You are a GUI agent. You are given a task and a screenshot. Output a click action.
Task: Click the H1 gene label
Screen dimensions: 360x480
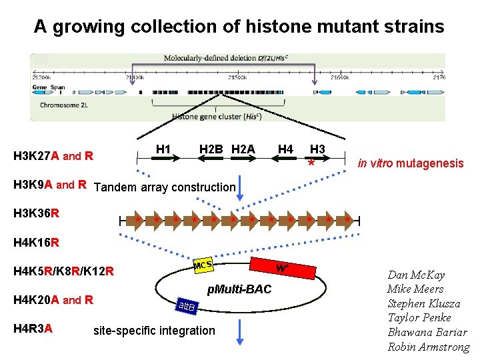pyautogui.click(x=163, y=149)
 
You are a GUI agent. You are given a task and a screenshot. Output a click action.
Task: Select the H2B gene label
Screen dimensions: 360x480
pyautogui.click(x=211, y=149)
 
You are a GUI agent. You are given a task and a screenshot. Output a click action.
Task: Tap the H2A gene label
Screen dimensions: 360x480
pyautogui.click(x=243, y=149)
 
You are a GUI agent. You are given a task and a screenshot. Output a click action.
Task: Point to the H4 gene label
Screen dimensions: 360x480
pyautogui.click(x=285, y=149)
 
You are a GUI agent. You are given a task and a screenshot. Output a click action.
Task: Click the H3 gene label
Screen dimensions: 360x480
pyautogui.click(x=317, y=149)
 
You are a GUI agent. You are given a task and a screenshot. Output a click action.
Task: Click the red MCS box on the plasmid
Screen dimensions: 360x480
pyautogui.click(x=203, y=267)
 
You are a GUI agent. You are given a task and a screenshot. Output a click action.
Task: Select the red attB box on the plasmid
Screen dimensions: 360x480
pyautogui.click(x=186, y=307)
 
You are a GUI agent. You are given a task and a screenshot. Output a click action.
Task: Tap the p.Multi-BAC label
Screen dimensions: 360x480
pyautogui.click(x=239, y=289)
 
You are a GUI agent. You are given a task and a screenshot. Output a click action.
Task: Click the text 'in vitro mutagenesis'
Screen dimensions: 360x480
pyautogui.click(x=410, y=163)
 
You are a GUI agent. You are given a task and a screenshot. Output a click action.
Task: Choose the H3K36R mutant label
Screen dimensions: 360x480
pyautogui.click(x=37, y=213)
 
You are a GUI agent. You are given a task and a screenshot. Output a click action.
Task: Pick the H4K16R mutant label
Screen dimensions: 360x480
pyautogui.click(x=37, y=242)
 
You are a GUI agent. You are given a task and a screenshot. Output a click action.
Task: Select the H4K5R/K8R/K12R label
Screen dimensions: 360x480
pyautogui.click(x=63, y=271)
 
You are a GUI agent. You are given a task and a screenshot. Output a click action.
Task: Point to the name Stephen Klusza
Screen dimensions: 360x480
pyautogui.click(x=428, y=303)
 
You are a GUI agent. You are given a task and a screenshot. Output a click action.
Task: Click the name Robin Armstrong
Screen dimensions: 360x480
pyautogui.click(x=428, y=347)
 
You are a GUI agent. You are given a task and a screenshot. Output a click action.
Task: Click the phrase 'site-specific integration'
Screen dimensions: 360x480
pyautogui.click(x=154, y=330)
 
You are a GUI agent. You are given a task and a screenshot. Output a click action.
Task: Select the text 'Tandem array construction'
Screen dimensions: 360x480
pyautogui.click(x=165, y=187)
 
